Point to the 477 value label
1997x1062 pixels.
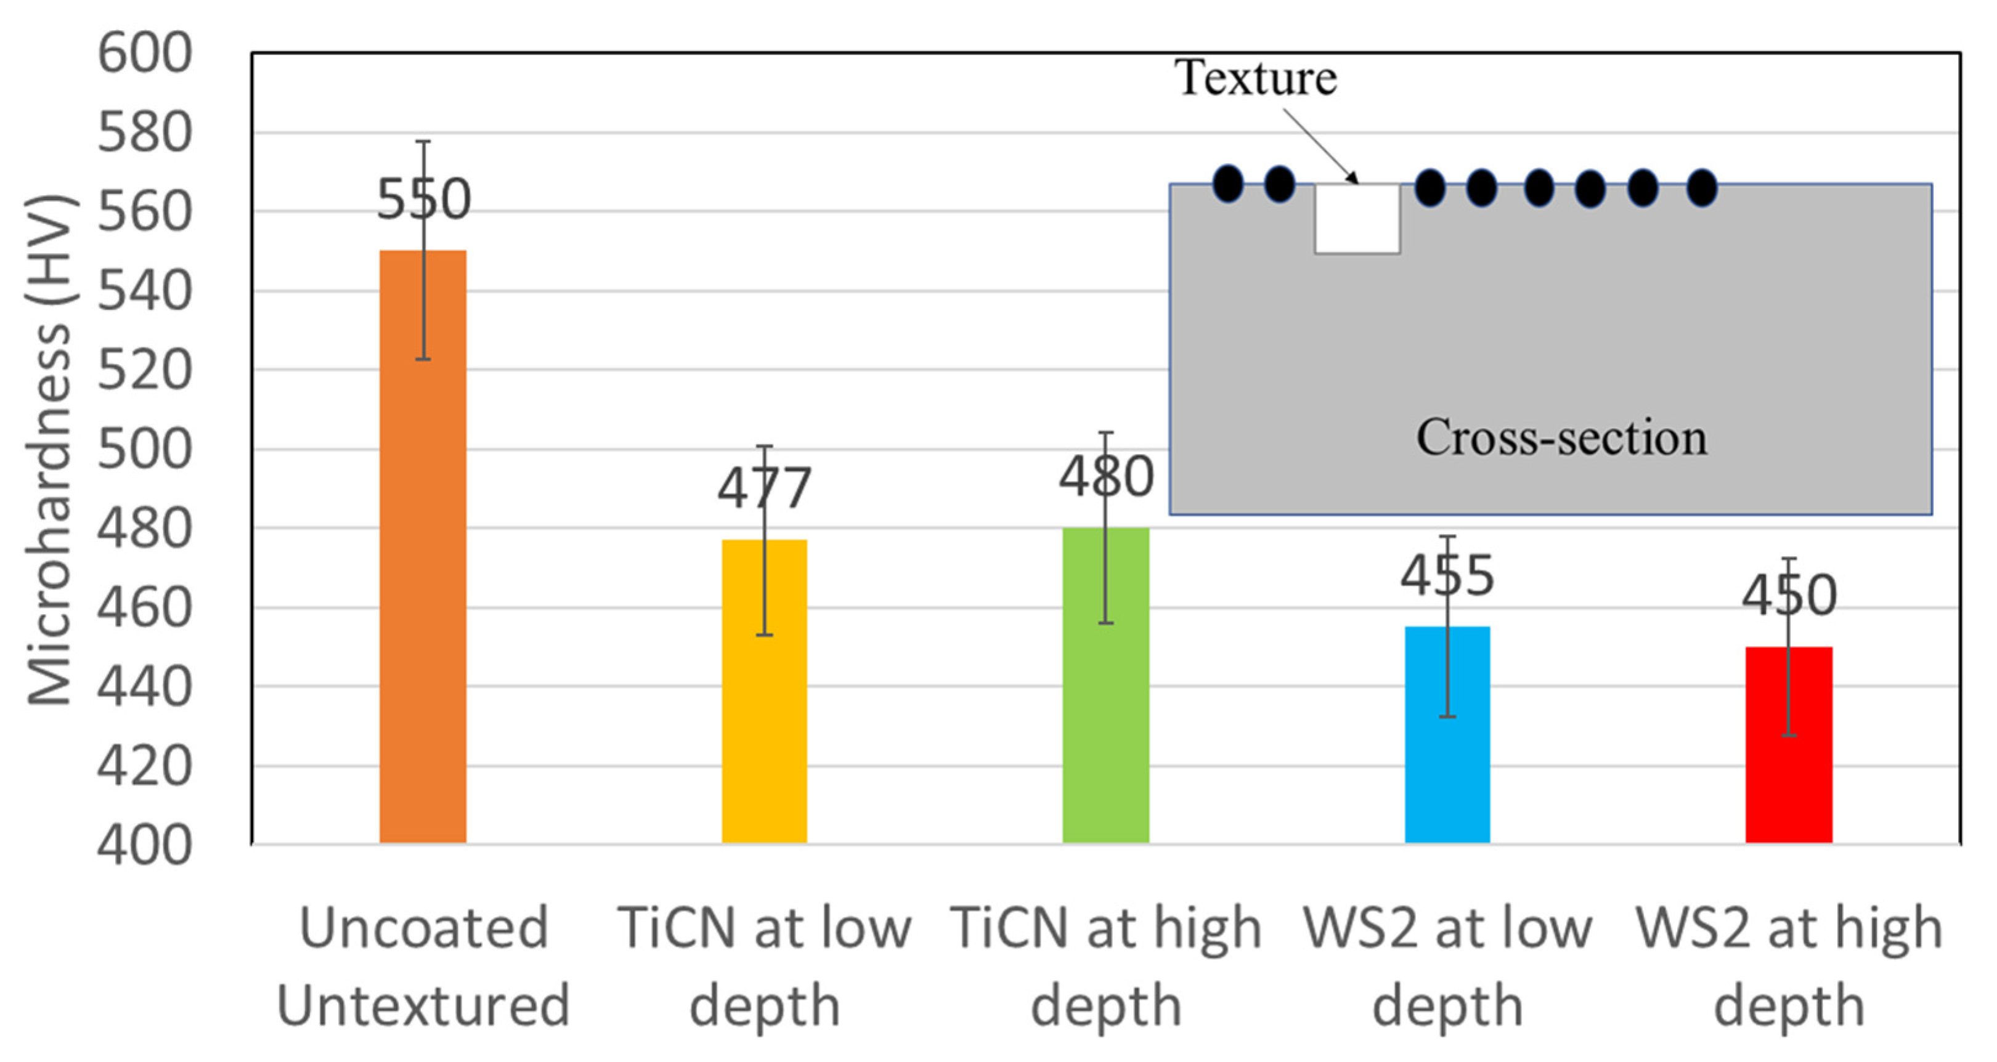[x=763, y=488]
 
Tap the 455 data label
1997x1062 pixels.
[x=1447, y=576]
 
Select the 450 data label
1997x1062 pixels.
[x=1789, y=595]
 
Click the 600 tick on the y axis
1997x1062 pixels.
[x=144, y=54]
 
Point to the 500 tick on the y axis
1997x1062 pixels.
[x=144, y=450]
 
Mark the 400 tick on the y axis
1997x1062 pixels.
[x=144, y=844]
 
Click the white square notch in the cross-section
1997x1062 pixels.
[x=1357, y=219]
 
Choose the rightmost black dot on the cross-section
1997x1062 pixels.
[x=1702, y=188]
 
